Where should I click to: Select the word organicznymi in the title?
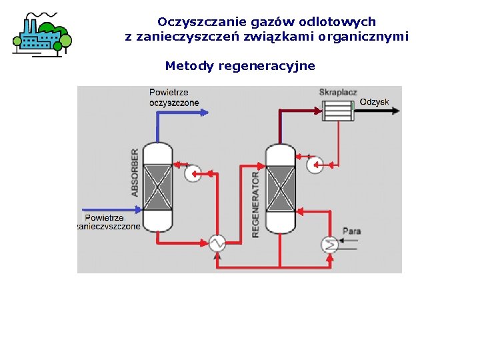pos(367,36)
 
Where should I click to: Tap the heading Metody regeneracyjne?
pos(240,66)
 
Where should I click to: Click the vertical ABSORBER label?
pos(135,172)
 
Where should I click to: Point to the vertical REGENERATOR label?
pos(256,204)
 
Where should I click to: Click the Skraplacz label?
pos(338,92)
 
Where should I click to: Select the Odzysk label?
pos(374,102)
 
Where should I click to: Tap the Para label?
pos(351,231)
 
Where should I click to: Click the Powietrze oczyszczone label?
pos(174,97)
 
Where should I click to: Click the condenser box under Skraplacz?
pos(338,111)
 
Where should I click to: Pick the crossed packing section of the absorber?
pos(158,187)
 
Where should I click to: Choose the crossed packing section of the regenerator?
pos(280,187)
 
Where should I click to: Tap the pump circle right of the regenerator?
pos(315,165)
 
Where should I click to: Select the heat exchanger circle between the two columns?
pos(217,243)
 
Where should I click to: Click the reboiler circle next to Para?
pos(329,244)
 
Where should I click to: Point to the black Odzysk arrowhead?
pos(396,111)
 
